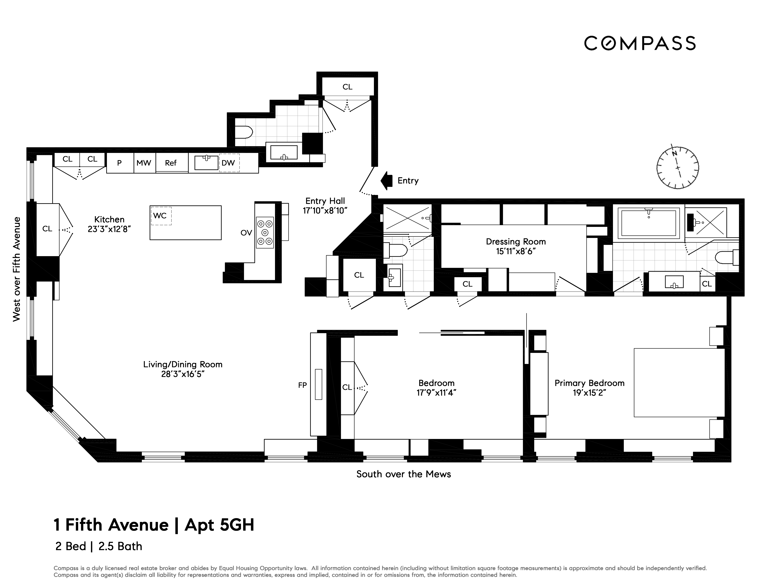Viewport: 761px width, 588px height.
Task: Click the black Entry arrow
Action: (386, 180)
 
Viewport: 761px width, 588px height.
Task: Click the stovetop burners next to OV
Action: (265, 232)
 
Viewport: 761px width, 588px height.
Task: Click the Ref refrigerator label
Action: (171, 163)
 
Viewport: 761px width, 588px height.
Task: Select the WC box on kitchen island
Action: (161, 216)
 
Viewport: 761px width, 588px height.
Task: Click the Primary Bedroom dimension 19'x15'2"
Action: (589, 393)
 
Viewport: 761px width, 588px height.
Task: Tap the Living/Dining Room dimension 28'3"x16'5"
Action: (183, 374)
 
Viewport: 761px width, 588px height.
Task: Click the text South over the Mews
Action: (404, 474)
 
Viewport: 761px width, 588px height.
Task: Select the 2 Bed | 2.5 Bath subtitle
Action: (99, 546)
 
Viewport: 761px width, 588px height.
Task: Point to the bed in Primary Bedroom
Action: (679, 383)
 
